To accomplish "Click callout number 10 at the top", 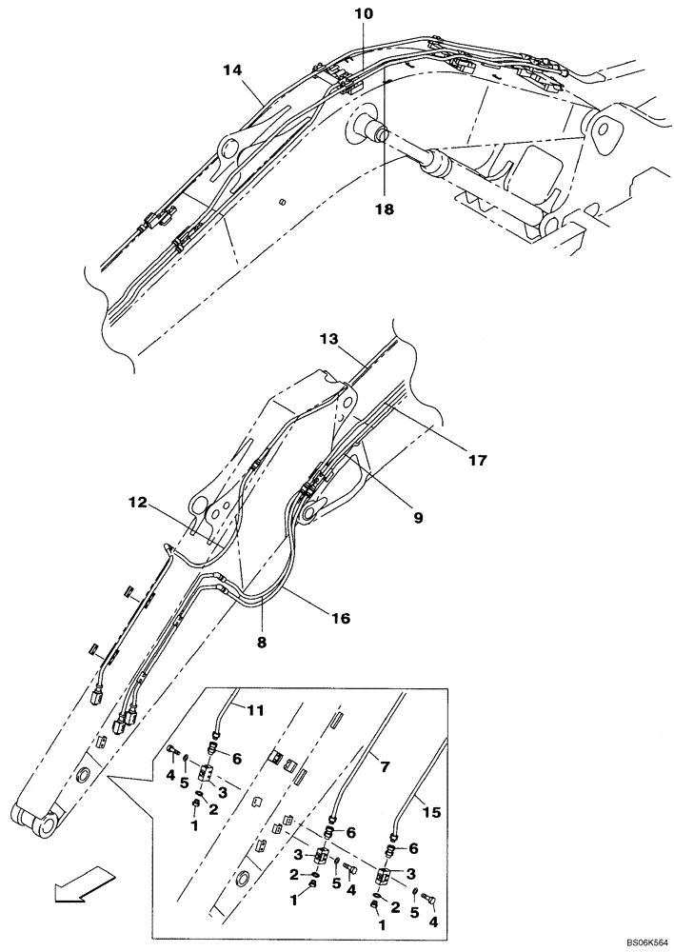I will click(366, 14).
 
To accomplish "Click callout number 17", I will click(477, 460).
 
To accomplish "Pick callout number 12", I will click(138, 503).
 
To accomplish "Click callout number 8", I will click(261, 642).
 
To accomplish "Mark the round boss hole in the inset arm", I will click(243, 879).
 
